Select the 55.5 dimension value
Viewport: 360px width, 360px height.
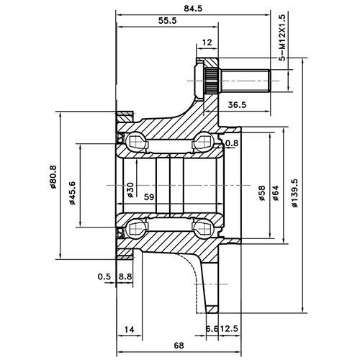167,22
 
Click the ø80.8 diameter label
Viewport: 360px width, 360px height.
55,176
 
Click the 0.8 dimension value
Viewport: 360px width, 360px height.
231,144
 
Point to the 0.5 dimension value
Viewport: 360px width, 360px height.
104,276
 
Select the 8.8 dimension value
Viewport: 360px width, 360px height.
125,276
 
